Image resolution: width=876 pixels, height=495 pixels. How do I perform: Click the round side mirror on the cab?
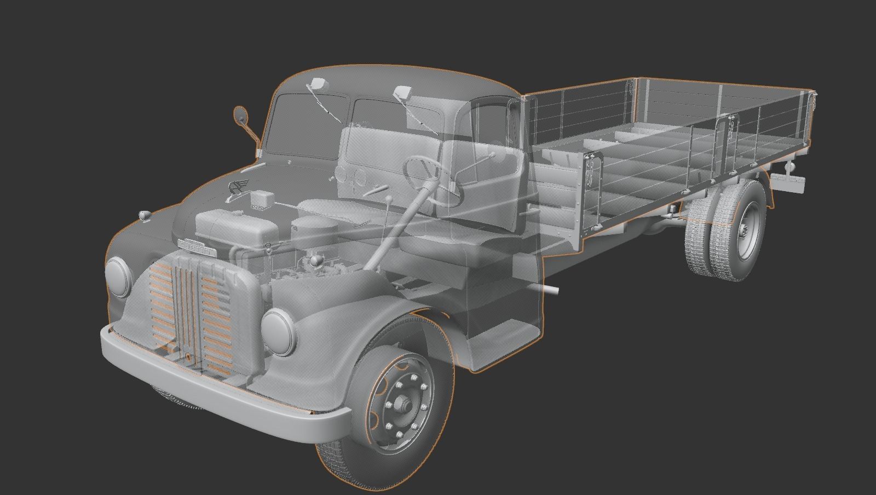[x=240, y=115]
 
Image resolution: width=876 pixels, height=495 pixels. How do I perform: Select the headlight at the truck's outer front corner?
[x=117, y=277]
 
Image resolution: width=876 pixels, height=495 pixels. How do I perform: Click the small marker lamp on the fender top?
[x=145, y=215]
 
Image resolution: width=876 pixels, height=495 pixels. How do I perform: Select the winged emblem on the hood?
[x=237, y=187]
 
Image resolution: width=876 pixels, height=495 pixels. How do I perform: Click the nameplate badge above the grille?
[x=197, y=246]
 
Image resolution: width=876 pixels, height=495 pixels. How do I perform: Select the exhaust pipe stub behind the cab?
[x=552, y=290]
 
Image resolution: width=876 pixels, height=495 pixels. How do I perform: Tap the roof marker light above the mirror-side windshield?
[x=317, y=84]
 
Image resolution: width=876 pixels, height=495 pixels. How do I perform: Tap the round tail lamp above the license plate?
[x=789, y=164]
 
